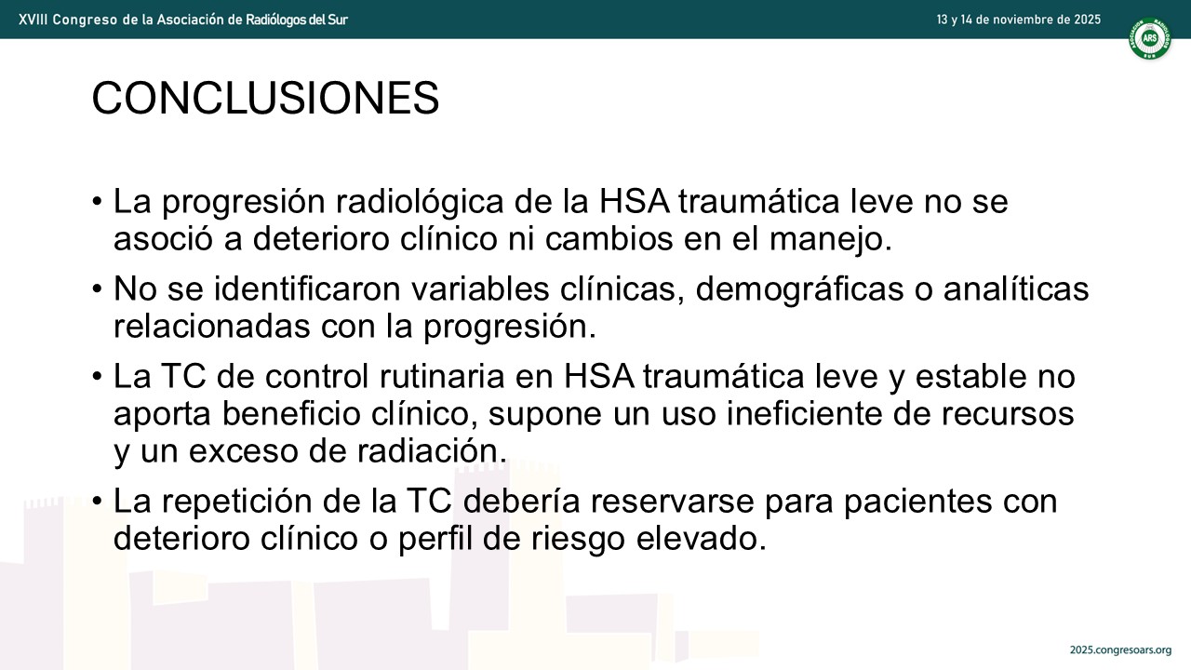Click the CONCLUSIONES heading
265,98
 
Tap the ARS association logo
1149,39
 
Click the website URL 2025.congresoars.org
1120,650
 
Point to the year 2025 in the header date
1087,20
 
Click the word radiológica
420,202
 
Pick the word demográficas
799,290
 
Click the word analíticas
1016,289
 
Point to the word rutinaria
442,377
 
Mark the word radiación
432,451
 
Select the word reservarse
672,502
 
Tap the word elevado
702,539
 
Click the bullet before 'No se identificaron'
97,289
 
